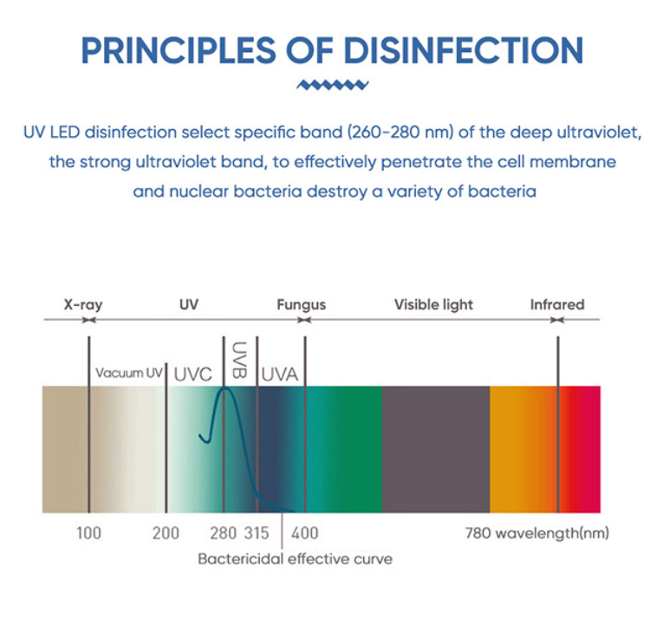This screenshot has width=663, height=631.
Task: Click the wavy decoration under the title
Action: click(332, 85)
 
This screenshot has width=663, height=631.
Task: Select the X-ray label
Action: click(83, 305)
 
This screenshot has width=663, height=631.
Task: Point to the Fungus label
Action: click(301, 305)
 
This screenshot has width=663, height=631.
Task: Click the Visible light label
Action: click(433, 305)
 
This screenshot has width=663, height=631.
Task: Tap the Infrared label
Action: click(556, 305)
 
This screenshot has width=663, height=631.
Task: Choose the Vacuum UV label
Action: click(129, 373)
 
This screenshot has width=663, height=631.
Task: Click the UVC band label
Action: click(192, 374)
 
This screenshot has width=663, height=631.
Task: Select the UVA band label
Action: click(280, 374)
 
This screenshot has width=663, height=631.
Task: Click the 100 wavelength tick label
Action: click(88, 532)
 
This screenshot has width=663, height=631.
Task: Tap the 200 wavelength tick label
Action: click(166, 532)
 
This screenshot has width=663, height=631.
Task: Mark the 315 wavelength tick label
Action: click(257, 532)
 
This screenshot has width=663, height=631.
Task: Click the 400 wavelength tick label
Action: click(304, 532)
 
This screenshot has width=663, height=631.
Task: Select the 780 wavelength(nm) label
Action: click(536, 532)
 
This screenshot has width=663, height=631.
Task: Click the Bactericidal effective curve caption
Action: click(295, 559)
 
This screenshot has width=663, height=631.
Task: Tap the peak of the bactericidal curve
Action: click(226, 388)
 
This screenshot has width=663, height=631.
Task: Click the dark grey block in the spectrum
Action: click(435, 449)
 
